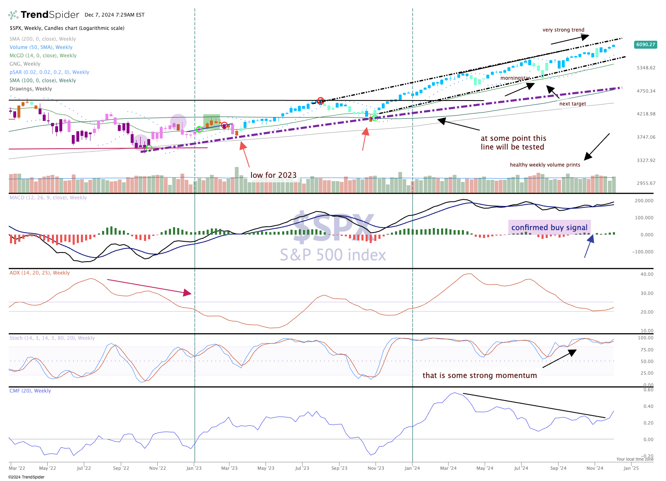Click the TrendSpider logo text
[x=50, y=15]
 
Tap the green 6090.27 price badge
[x=646, y=44]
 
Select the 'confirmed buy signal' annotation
[x=549, y=227]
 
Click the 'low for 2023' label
[x=273, y=175]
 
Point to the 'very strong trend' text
[x=564, y=30]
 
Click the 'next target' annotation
[x=573, y=103]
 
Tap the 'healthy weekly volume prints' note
[x=545, y=165]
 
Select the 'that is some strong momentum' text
[x=480, y=375]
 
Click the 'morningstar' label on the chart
[x=515, y=78]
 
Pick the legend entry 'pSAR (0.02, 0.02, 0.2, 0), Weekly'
[x=49, y=72]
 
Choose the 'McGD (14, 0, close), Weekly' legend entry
[x=43, y=55]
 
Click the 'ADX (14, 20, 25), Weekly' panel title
[x=39, y=272]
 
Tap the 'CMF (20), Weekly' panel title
[x=30, y=390]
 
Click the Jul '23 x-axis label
[x=302, y=468]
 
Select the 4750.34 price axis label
[x=646, y=91]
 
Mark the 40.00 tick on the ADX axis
[x=647, y=274]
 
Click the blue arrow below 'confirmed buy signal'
[x=589, y=246]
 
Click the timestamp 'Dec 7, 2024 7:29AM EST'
[x=115, y=15]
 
